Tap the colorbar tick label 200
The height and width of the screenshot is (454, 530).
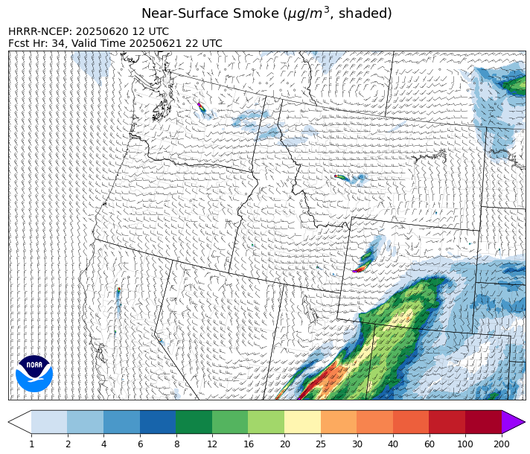(x=501, y=444)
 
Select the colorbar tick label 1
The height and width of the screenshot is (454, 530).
(x=31, y=444)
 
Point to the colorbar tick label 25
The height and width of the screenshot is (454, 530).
(x=321, y=444)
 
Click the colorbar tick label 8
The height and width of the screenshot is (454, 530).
(x=176, y=444)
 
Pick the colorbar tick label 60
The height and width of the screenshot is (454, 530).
(x=429, y=444)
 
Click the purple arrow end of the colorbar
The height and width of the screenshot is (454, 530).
(x=513, y=422)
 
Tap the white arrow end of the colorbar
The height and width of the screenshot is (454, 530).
(x=20, y=422)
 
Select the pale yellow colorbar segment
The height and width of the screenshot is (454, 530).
(x=302, y=422)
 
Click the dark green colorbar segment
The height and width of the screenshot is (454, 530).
(x=194, y=422)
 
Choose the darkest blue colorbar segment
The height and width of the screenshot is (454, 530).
(x=158, y=422)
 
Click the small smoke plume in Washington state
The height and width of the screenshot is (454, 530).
(x=201, y=108)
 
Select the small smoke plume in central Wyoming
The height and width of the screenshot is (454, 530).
(x=342, y=177)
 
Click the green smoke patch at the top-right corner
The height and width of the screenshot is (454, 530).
(x=514, y=83)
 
